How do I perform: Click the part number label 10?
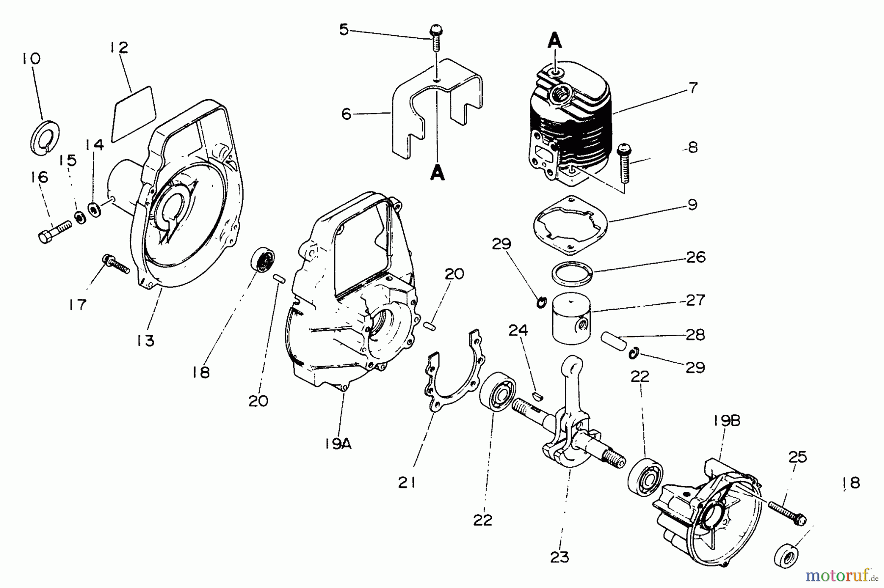pyautogui.click(x=31, y=59)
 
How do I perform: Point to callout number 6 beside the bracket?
pyautogui.click(x=346, y=114)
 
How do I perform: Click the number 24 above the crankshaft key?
pyautogui.click(x=518, y=330)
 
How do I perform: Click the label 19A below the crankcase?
pyautogui.click(x=338, y=444)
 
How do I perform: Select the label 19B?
pyautogui.click(x=727, y=421)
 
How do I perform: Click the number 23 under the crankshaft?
pyautogui.click(x=560, y=557)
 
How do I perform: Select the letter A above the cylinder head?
pyautogui.click(x=554, y=41)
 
